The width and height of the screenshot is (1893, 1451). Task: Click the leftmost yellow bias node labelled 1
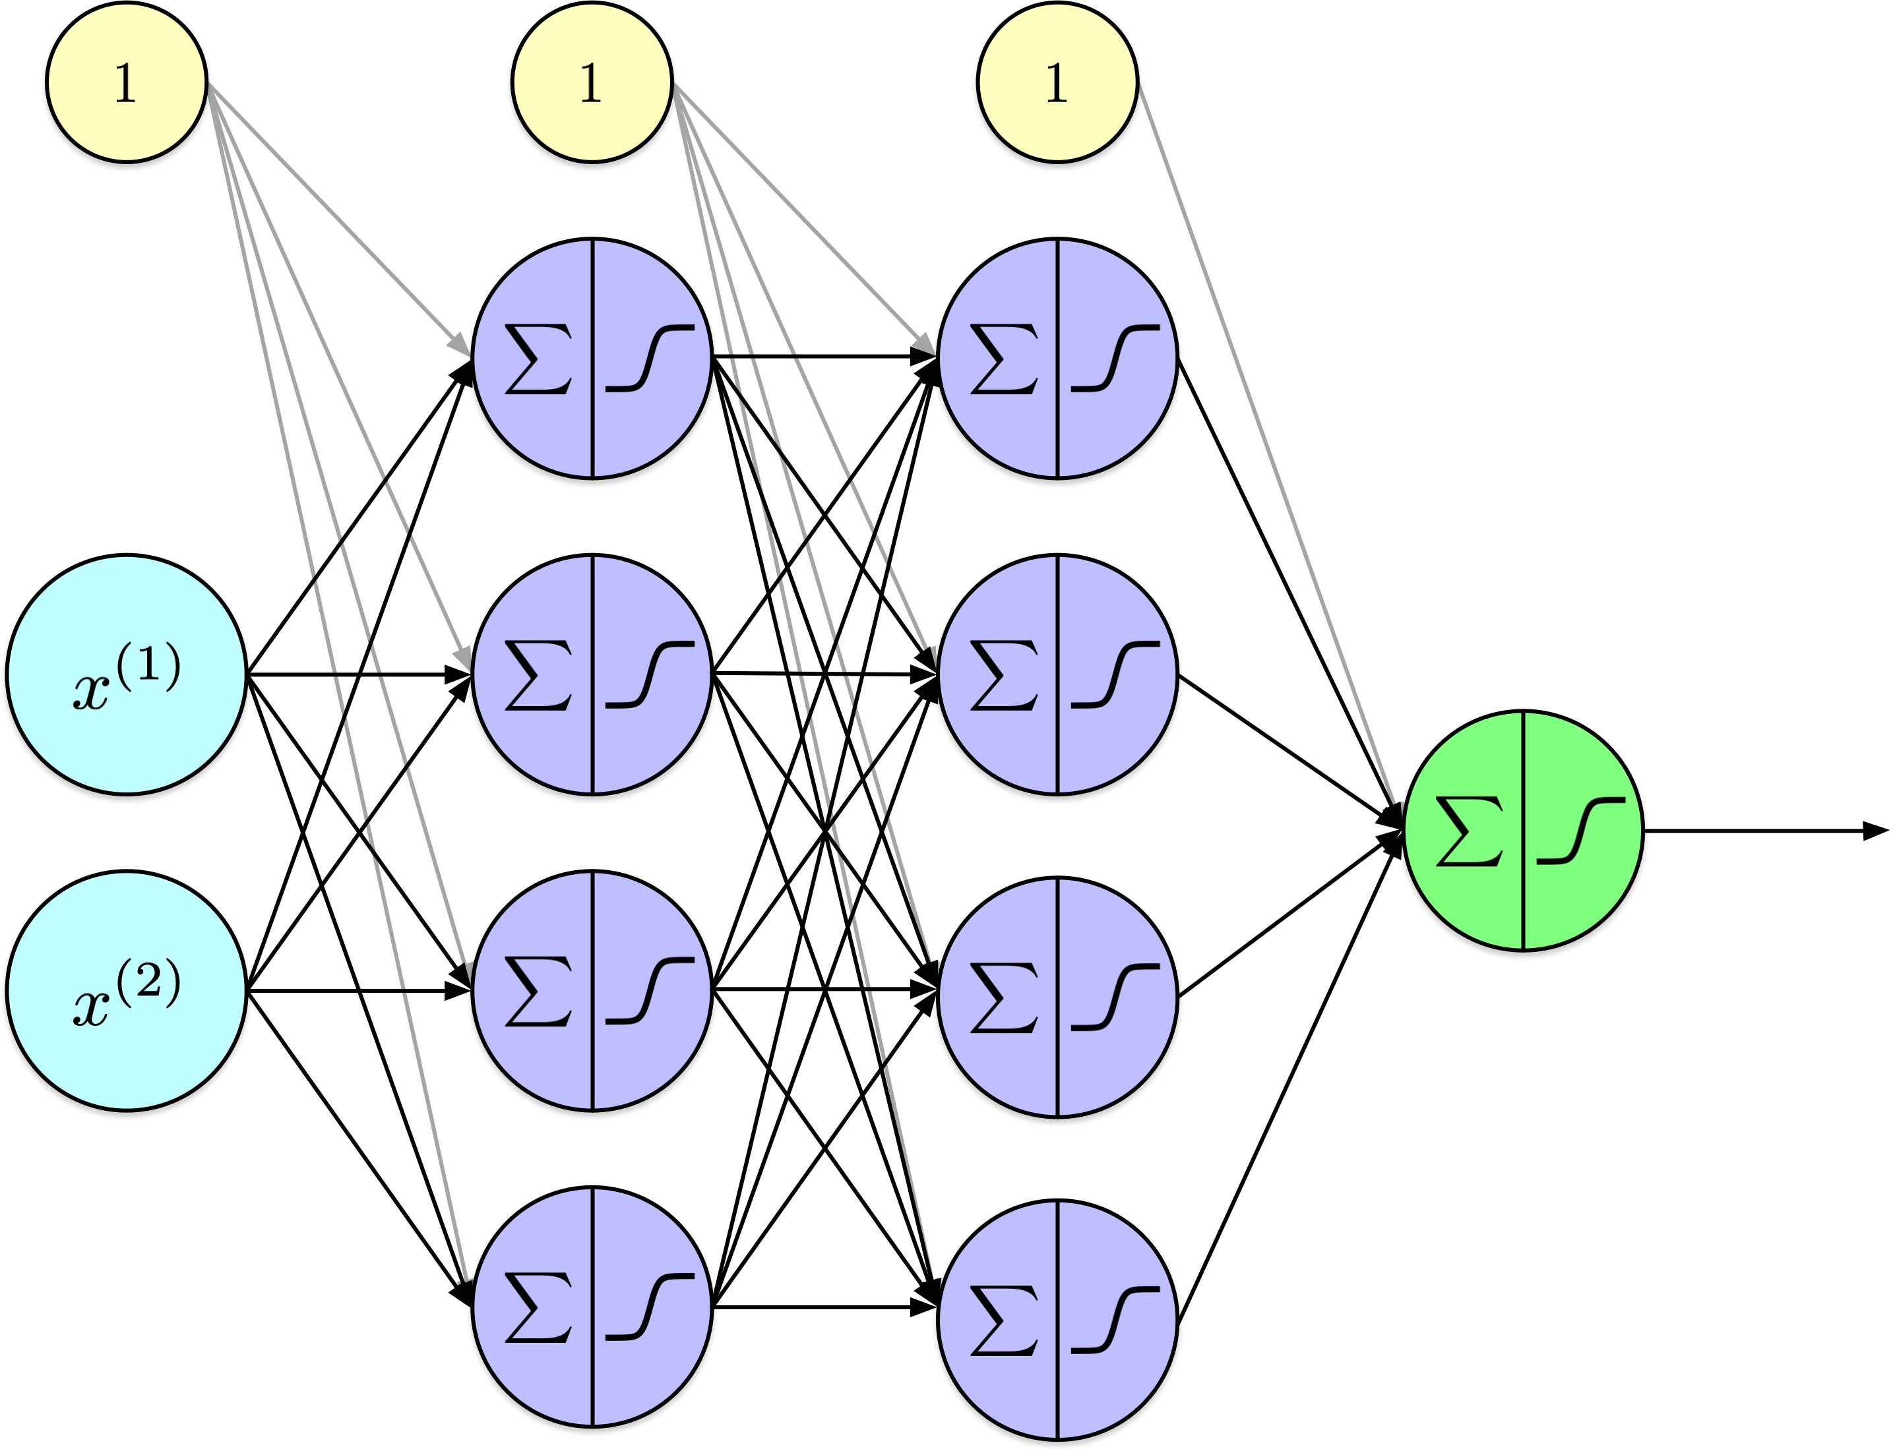click(126, 82)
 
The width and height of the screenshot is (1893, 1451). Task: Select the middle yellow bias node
click(592, 82)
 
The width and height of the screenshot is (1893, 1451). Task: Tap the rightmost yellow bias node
click(1057, 82)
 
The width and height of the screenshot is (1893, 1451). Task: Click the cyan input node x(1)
click(126, 674)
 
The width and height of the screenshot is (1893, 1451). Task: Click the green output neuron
click(1522, 830)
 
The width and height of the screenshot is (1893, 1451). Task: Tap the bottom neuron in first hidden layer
click(592, 1306)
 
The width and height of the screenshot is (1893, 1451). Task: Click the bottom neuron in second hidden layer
click(1057, 1319)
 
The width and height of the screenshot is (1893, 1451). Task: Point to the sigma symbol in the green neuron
click(1469, 831)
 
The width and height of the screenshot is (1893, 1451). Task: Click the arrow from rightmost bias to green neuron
click(1270, 449)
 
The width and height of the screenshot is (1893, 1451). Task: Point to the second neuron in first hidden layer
click(592, 674)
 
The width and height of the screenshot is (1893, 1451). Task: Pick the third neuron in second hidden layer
click(1057, 997)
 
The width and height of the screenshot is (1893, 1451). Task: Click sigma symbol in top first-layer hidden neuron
click(538, 359)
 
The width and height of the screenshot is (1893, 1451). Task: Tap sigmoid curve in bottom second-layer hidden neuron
click(1115, 1320)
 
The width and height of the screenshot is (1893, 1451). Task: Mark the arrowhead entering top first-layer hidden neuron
click(460, 345)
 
